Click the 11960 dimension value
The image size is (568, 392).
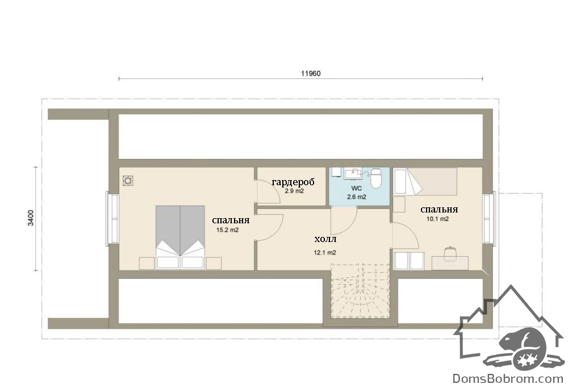pos(311,73)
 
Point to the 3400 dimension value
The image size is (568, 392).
pos(31,218)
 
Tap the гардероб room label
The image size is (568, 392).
pos(293,181)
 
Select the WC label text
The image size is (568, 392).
pos(357,189)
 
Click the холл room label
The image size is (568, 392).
pos(325,239)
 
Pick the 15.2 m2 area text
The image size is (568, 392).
pos(228,230)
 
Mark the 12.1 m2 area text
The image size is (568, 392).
pos(324,252)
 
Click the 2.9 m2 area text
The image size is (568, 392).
pos(294,191)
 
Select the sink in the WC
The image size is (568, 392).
pos(353,173)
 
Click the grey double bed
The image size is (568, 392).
pos(180,237)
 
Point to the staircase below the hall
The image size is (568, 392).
pos(361,291)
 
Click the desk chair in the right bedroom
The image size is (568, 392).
pos(449,252)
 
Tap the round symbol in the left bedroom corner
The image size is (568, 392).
pos(128,180)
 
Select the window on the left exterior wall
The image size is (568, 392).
pos(112,219)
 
